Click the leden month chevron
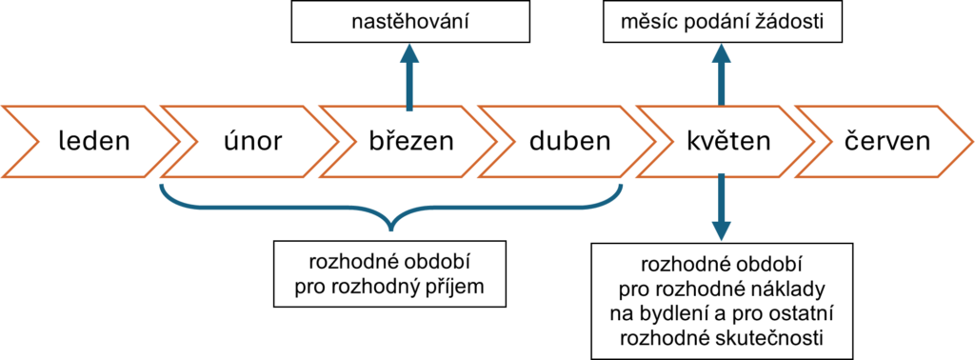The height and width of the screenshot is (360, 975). pos(92,142)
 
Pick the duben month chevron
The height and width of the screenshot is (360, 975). pos(568,142)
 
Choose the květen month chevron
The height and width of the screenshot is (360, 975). pos(727,142)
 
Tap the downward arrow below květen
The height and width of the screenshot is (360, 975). pos(721,210)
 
